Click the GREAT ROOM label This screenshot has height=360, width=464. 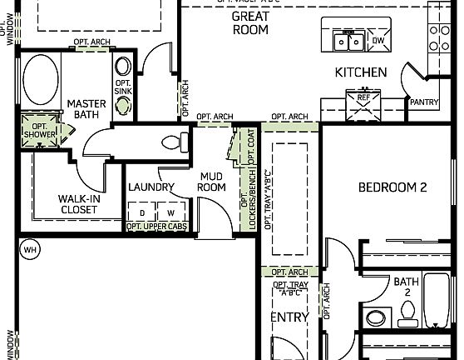pyautogui.click(x=249, y=22)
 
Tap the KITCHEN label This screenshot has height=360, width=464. pyautogui.click(x=360, y=72)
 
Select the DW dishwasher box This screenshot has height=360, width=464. pyautogui.click(x=378, y=40)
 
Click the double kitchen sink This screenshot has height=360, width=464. pyautogui.click(x=348, y=40)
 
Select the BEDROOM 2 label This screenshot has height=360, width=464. pyautogui.click(x=392, y=187)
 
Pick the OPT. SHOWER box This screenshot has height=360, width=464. pyautogui.click(x=38, y=131)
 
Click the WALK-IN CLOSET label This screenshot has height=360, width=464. pyautogui.click(x=78, y=204)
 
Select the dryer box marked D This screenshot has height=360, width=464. pyautogui.click(x=142, y=213)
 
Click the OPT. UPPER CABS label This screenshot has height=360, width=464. pyautogui.click(x=156, y=227)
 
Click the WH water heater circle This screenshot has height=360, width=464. pyautogui.click(x=31, y=249)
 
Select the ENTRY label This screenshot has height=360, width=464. pyautogui.click(x=289, y=317)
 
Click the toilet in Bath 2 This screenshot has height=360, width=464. pyautogui.click(x=407, y=313)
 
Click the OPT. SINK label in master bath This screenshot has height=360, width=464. pyautogui.click(x=122, y=87)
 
